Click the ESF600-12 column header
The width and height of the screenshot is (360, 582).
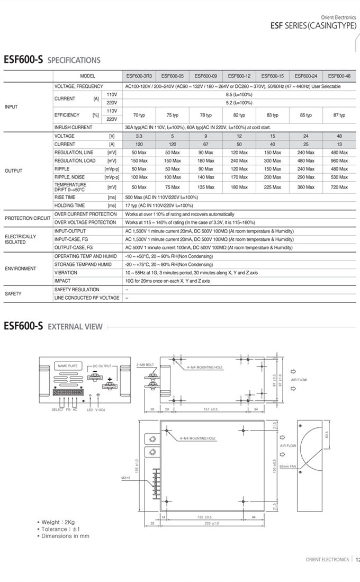[239, 76]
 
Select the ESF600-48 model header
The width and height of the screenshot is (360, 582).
[339, 76]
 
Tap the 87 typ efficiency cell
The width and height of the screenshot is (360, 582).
[339, 115]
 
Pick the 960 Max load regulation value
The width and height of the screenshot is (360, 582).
[339, 160]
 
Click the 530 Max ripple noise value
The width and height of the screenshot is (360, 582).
[339, 177]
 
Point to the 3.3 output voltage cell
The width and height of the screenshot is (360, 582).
[139, 136]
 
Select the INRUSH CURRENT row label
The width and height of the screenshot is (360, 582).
[73, 128]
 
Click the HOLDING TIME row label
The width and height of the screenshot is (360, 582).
[69, 205]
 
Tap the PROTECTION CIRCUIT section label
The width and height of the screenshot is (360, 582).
[28, 218]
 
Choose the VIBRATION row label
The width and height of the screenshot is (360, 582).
[66, 273]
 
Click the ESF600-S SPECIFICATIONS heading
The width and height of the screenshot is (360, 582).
[52, 60]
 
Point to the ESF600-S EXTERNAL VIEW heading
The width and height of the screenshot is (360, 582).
[53, 326]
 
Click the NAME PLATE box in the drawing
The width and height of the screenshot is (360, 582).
[67, 366]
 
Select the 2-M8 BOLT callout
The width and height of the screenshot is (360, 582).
[145, 365]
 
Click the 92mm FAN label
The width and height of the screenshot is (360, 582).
[289, 466]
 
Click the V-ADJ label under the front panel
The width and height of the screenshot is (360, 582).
[100, 410]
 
